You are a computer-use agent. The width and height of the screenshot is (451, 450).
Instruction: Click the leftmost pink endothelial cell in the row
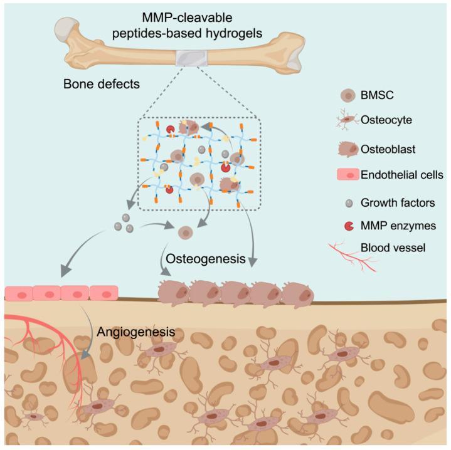tap(18, 293)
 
